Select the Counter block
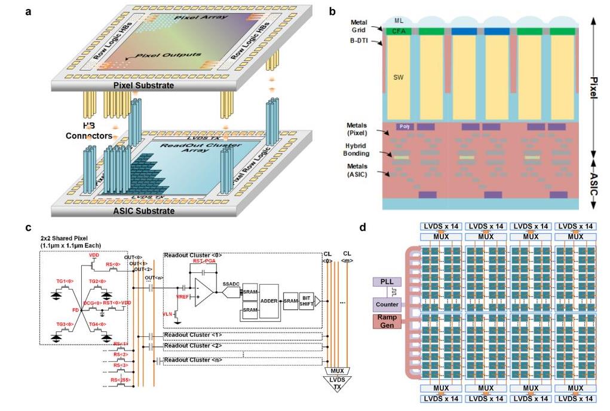click(x=387, y=305)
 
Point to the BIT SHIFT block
click(x=306, y=300)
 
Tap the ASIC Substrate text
click(x=144, y=211)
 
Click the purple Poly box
click(x=404, y=127)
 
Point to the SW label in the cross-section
click(x=397, y=78)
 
